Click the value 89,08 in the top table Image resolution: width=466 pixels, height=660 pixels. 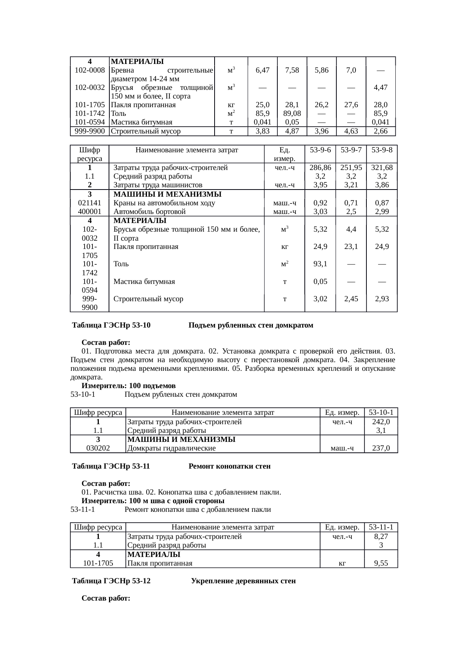point(292,113)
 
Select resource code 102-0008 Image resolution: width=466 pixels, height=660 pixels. point(89,70)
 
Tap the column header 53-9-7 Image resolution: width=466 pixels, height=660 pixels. point(351,150)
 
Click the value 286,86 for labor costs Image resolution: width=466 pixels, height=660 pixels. point(320,168)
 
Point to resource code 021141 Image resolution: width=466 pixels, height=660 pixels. point(89,203)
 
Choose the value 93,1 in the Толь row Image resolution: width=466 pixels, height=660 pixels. point(320,264)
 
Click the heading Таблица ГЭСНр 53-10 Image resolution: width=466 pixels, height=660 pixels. point(111,325)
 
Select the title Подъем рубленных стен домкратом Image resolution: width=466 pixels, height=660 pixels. point(251,325)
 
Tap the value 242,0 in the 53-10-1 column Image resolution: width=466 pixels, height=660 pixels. point(381,422)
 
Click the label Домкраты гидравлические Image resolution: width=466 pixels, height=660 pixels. point(171,448)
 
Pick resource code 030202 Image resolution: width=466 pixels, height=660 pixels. point(98,448)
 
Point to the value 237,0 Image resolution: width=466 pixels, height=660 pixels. point(381,448)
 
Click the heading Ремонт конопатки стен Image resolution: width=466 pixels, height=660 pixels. point(229,466)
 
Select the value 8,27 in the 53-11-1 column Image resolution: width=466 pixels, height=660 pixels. point(381,537)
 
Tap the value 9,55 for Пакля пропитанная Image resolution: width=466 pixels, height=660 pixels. point(381,563)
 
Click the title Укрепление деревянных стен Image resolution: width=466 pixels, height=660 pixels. point(243,581)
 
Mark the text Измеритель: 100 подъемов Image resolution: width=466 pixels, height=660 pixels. point(129,386)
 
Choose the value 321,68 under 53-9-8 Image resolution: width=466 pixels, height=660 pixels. point(382,168)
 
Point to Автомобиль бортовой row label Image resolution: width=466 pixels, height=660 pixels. point(150,212)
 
